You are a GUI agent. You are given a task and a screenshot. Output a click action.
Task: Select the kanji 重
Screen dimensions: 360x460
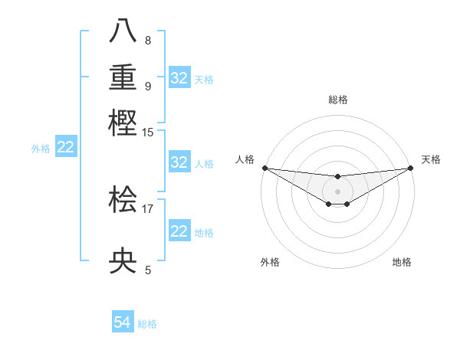pyautogui.click(x=123, y=77)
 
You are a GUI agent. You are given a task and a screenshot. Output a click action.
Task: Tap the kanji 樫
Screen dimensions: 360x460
pyautogui.click(x=123, y=122)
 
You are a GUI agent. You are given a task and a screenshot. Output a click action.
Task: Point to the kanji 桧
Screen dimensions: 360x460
pyautogui.click(x=123, y=201)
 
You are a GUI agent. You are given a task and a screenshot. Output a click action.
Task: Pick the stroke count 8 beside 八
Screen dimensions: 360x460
pyautogui.click(x=148, y=41)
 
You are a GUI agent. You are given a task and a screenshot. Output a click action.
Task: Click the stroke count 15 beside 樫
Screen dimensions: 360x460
pyautogui.click(x=149, y=133)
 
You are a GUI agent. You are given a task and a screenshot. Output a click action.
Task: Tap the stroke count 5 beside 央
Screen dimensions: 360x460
pyautogui.click(x=148, y=270)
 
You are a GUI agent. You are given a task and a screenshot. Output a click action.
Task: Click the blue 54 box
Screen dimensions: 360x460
pyautogui.click(x=123, y=323)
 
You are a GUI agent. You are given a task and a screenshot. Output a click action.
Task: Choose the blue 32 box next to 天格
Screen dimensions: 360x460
pyautogui.click(x=179, y=78)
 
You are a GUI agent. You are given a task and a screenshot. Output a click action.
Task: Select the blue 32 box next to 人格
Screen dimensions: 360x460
pyautogui.click(x=179, y=162)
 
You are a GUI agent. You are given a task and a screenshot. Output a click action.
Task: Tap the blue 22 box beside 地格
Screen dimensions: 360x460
pyautogui.click(x=179, y=231)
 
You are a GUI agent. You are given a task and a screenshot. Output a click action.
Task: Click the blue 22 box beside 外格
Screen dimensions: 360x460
pyautogui.click(x=66, y=148)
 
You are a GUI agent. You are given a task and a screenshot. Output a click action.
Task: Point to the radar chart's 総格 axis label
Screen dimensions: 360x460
pyautogui.click(x=337, y=100)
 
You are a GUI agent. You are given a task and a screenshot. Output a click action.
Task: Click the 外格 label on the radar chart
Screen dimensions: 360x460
pyautogui.click(x=270, y=262)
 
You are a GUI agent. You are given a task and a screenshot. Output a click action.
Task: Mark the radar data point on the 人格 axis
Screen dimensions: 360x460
pyautogui.click(x=264, y=168)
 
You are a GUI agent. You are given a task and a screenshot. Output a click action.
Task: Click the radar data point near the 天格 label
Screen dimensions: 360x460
pyautogui.click(x=410, y=168)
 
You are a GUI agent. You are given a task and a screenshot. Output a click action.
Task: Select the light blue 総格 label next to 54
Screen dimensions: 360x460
pyautogui.click(x=147, y=324)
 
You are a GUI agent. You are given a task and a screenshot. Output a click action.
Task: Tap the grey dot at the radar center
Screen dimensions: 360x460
pyautogui.click(x=337, y=191)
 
